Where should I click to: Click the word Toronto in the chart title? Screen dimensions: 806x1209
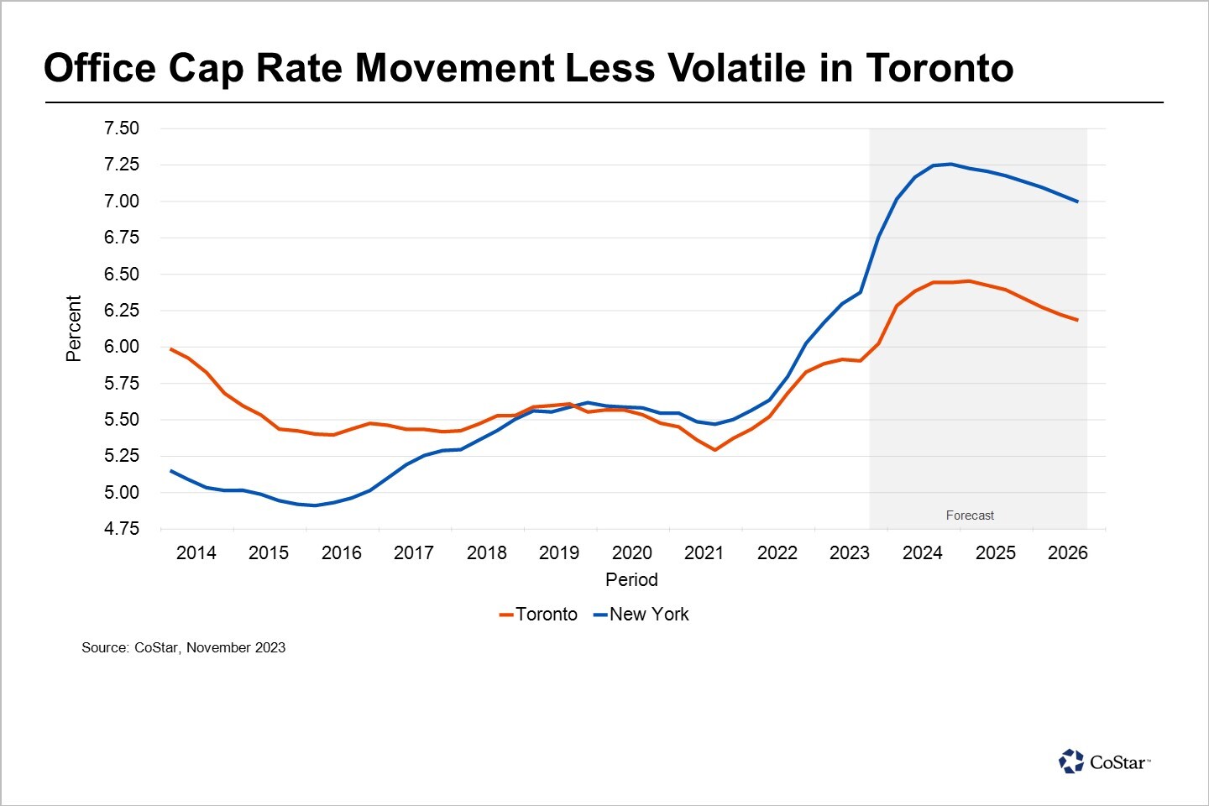click(939, 67)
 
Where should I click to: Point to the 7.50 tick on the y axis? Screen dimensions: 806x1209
click(122, 128)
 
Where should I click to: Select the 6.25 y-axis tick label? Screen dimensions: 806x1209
click(122, 311)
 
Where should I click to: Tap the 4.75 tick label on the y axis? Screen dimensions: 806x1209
click(122, 529)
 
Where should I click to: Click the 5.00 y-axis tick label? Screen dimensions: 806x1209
click(122, 493)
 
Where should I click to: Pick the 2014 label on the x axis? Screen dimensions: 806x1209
click(196, 553)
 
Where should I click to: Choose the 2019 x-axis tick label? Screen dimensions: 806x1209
click(559, 553)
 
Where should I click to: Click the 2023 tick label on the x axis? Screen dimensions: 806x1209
click(850, 553)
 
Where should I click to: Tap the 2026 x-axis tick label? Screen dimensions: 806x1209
click(1067, 553)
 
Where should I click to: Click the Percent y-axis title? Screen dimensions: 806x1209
click(74, 328)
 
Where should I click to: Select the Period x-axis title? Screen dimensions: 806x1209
click(631, 580)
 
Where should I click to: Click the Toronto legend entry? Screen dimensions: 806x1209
click(539, 615)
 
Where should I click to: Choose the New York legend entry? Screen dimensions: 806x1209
click(641, 615)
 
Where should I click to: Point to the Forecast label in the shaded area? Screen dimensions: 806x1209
click(970, 516)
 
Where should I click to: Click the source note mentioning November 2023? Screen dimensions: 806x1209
click(183, 648)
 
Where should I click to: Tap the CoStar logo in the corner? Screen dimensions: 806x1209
click(1105, 762)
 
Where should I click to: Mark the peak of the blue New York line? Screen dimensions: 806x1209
click(950, 164)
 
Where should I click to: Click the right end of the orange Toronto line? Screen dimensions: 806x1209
click(1077, 320)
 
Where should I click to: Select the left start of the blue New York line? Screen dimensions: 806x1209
click(171, 471)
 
